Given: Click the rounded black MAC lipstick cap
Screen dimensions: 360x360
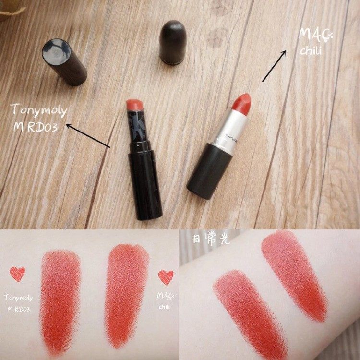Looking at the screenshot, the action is [x=172, y=42].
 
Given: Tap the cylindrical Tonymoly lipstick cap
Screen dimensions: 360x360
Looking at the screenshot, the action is [x=64, y=62].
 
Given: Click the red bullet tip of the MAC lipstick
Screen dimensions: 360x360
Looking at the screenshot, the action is [x=242, y=101].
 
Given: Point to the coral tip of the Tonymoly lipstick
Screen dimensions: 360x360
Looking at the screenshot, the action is [x=135, y=105].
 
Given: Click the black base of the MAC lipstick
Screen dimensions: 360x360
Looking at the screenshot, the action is [x=209, y=171].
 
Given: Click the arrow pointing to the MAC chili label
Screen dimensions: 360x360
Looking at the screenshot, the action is [x=274, y=66].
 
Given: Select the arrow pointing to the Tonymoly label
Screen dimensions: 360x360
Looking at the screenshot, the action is [x=88, y=136].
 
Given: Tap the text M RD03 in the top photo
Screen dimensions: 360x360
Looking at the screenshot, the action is [x=36, y=127].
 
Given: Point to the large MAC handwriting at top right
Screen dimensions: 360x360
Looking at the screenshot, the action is [x=315, y=36].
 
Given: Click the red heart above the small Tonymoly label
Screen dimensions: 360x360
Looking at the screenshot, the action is [x=17, y=274].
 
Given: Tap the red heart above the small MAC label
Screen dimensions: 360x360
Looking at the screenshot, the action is [x=166, y=277].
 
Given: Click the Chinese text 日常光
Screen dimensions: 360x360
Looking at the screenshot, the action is [x=211, y=239].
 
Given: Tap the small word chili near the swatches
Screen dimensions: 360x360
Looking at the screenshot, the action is [x=164, y=307].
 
